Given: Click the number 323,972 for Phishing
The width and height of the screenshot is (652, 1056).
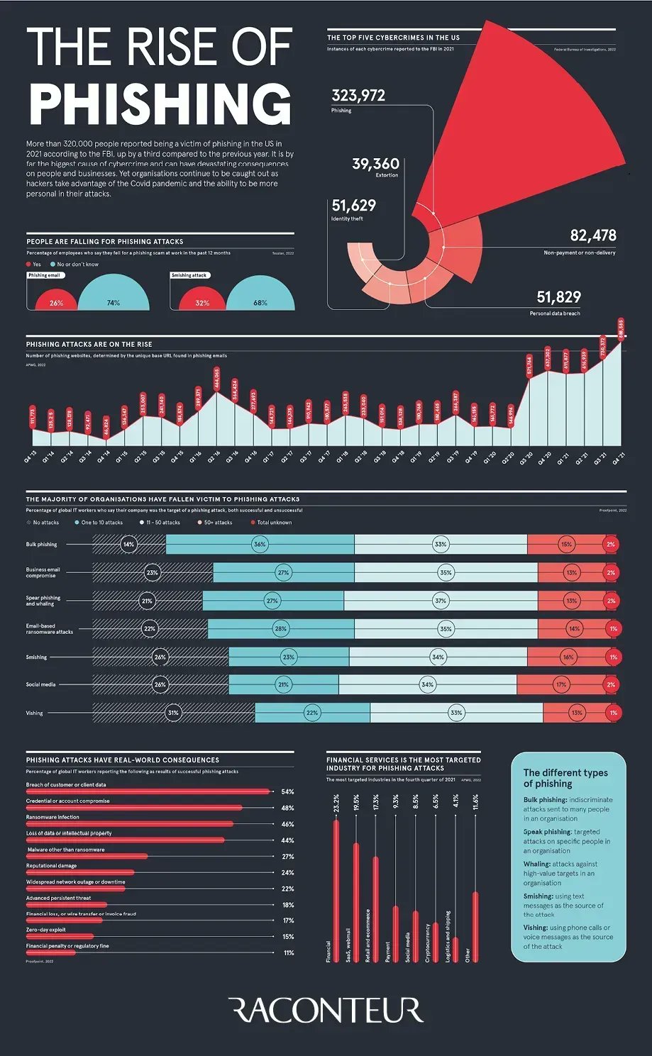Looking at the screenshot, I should coord(358,96).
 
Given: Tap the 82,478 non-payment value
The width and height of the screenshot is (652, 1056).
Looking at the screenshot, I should coord(592,235).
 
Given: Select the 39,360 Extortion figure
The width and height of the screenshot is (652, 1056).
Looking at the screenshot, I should coord(375,164).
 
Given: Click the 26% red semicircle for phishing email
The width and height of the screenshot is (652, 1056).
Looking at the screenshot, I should coord(56,302).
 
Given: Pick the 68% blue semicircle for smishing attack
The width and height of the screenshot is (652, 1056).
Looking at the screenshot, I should coord(260,302).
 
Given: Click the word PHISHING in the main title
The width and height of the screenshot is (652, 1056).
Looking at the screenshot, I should coord(160,104).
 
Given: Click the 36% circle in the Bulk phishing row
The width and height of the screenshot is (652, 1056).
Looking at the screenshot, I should coord(260,545).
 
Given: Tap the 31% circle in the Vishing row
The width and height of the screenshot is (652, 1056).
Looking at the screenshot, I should coord(173,713).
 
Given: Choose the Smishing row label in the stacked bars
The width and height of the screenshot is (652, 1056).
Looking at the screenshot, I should coord(36,657).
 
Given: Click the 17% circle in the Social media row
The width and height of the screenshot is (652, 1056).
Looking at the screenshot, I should coord(561,685).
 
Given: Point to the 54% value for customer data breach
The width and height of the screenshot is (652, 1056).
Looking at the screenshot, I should coord(287,791).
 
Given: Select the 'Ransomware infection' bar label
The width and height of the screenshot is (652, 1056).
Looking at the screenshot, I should coord(53,817).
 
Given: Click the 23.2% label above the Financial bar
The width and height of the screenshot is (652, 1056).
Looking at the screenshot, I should coord(336,804).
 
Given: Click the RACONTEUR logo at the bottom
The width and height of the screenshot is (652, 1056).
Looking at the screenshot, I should coord(326,1010).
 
